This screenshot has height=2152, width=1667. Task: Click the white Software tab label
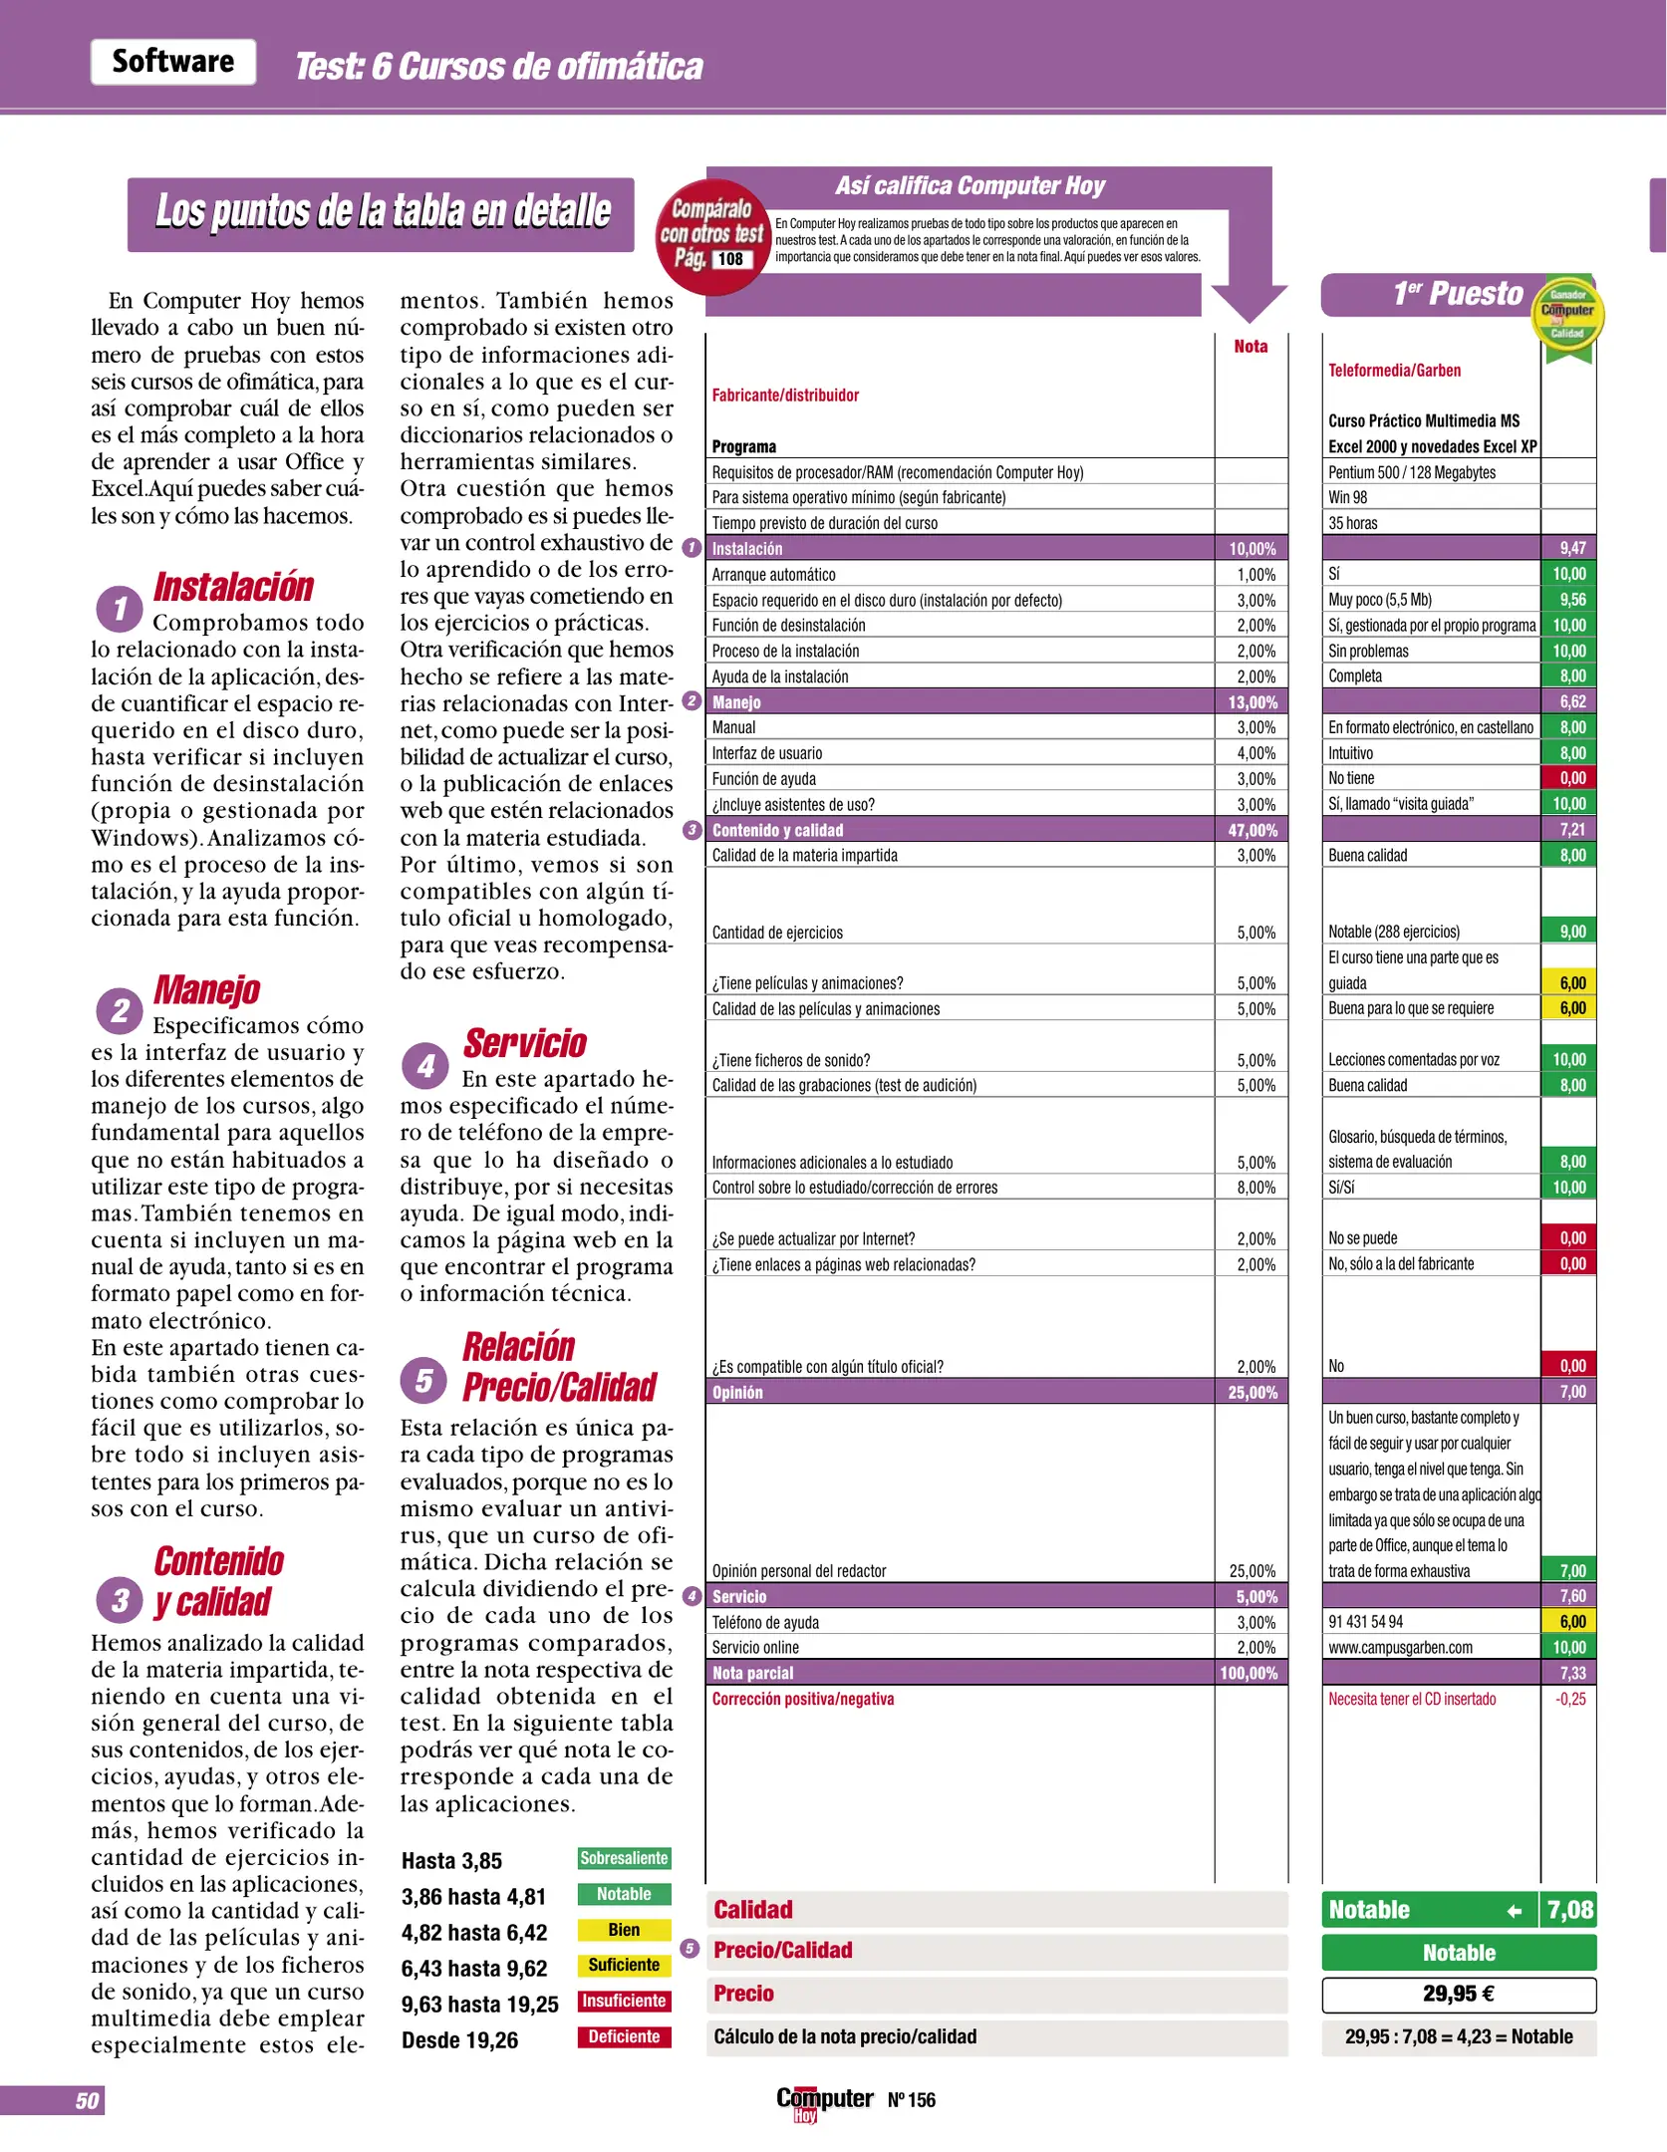coord(173,62)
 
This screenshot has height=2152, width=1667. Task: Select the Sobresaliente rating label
coord(624,1858)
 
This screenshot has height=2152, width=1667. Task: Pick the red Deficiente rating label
coord(624,2036)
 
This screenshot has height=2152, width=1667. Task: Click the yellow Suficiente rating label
coord(624,1965)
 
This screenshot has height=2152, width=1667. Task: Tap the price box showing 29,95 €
coord(1458,1994)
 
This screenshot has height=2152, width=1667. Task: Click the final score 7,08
coord(1569,1910)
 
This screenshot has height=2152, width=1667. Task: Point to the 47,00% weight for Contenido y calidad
coord(1252,830)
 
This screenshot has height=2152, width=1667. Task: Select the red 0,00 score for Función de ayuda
coord(1570,778)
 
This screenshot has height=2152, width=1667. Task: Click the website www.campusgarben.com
coord(1400,1648)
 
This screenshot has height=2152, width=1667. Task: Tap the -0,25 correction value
coord(1569,1699)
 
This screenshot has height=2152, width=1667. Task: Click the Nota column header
coord(1250,347)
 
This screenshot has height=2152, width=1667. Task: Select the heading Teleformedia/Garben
coord(1394,371)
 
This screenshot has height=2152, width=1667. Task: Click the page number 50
coord(87,2101)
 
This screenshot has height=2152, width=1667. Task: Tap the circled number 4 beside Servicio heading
coord(425,1066)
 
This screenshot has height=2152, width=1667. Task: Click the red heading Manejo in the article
coord(206,989)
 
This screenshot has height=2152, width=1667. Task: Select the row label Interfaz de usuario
coord(766,753)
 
